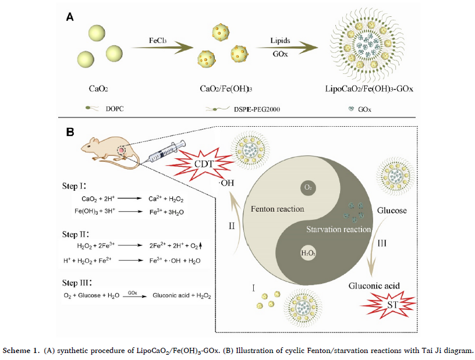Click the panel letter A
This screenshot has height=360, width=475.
[69, 18]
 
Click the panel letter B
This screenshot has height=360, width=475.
[69, 132]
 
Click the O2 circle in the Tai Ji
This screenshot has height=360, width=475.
[309, 188]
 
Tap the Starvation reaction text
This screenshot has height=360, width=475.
[339, 229]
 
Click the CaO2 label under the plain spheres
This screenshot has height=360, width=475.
[96, 90]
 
